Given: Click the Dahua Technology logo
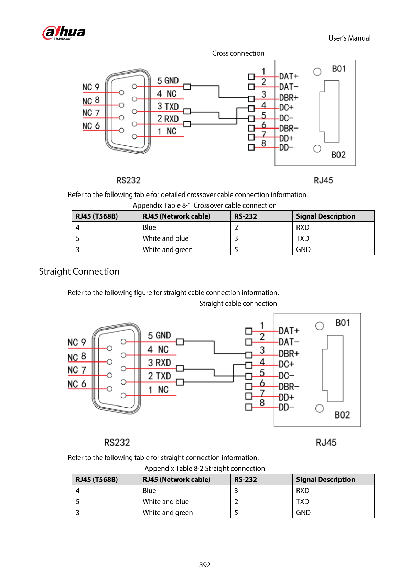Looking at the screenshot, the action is pyautogui.click(x=64, y=33).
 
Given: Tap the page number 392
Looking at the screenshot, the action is pyautogui.click(x=205, y=565).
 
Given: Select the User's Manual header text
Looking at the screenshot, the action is pyautogui.click(x=349, y=38).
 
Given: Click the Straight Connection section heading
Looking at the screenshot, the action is pyautogui.click(x=79, y=271).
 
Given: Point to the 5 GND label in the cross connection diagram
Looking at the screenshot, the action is pyautogui.click(x=168, y=81).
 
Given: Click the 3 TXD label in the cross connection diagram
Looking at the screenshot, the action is pyautogui.click(x=168, y=107).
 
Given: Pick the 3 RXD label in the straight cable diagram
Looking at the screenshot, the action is pyautogui.click(x=159, y=363).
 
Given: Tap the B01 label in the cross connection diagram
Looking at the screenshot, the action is pyautogui.click(x=338, y=69).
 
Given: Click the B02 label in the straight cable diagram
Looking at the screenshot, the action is pyautogui.click(x=342, y=415).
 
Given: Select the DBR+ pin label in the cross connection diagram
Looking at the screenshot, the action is pyautogui.click(x=289, y=98).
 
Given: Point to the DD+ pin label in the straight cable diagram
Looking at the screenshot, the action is pyautogui.click(x=286, y=397).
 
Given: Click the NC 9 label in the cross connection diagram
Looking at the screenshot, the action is pyautogui.click(x=91, y=87).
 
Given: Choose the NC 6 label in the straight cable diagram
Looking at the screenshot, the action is pyautogui.click(x=77, y=384).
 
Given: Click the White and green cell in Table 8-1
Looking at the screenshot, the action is pyautogui.click(x=168, y=249).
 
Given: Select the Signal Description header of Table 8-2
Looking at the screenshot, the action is pyautogui.click(x=325, y=479).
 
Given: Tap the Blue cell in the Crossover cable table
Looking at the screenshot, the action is pyautogui.click(x=149, y=227).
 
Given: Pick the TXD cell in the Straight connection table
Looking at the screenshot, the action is pyautogui.click(x=302, y=502).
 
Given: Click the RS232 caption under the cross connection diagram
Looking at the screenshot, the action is pyautogui.click(x=128, y=180).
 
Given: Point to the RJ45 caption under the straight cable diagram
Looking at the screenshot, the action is pyautogui.click(x=326, y=442).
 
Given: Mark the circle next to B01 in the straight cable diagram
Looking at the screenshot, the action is pyautogui.click(x=320, y=326).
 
